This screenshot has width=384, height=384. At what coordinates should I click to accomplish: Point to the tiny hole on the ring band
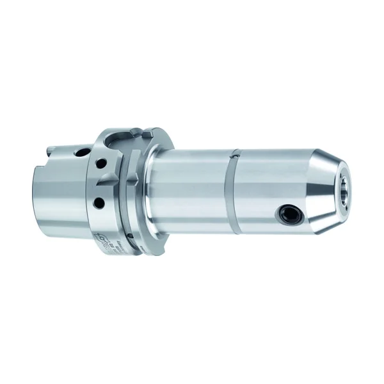(236, 154)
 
